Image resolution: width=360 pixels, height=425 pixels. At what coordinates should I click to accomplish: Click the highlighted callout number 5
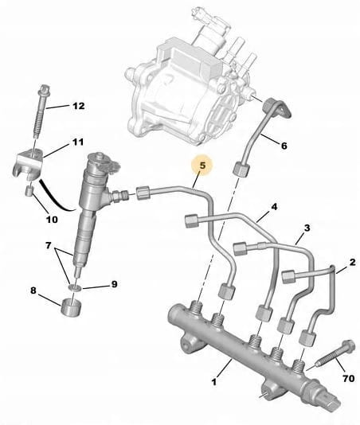tap(203, 165)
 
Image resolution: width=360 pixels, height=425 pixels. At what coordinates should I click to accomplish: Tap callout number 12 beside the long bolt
tap(78, 106)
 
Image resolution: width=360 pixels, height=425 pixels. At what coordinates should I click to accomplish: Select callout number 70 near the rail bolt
tap(349, 378)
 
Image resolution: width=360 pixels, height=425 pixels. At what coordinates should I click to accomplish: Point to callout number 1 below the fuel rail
tap(214, 382)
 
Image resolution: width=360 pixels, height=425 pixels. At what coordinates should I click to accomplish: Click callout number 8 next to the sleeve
tap(33, 290)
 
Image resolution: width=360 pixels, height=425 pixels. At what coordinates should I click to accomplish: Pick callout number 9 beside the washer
tap(114, 284)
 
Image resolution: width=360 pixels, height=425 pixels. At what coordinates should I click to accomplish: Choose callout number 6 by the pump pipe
tap(284, 146)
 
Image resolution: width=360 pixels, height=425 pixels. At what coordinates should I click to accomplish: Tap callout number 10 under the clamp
tap(52, 220)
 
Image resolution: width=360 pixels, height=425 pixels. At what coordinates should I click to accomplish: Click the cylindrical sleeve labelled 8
tap(71, 307)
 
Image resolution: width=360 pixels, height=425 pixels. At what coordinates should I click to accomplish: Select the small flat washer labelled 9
tap(75, 287)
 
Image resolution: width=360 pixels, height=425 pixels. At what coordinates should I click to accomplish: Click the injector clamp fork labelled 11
tap(28, 165)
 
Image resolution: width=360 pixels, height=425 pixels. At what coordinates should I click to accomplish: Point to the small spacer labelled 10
tap(29, 191)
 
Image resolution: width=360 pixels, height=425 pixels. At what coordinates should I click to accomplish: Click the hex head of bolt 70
tap(348, 345)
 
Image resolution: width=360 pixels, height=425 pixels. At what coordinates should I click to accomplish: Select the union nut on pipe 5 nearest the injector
tap(143, 193)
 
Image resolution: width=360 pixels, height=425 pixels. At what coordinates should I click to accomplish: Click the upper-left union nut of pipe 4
tap(192, 221)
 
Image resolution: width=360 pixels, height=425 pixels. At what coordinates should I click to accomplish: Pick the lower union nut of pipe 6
tap(241, 169)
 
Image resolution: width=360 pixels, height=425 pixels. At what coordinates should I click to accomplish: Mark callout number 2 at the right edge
tap(352, 262)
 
